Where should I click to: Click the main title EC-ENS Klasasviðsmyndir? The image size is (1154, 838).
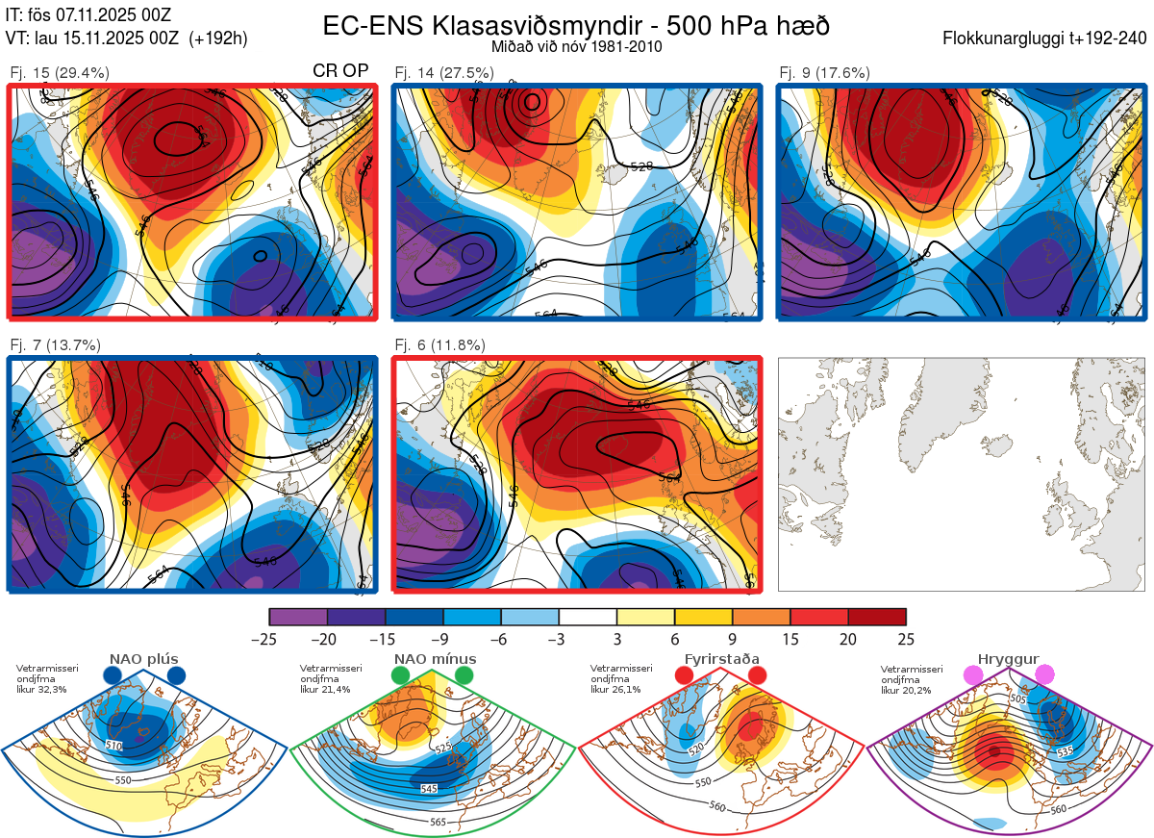[576, 25]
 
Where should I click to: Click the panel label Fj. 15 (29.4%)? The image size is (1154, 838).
[60, 72]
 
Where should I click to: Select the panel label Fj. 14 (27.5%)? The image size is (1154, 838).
[444, 72]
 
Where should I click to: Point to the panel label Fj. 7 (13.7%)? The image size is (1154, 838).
[55, 344]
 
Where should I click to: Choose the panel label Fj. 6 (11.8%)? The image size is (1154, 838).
[439, 344]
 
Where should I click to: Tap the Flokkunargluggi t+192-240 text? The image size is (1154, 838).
[1045, 39]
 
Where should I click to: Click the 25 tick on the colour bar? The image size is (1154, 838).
[906, 639]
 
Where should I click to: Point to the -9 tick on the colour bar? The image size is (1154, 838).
[443, 639]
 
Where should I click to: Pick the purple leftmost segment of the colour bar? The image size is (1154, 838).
[298, 617]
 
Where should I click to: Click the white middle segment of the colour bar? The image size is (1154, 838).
[588, 617]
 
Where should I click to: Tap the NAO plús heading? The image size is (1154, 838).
[143, 659]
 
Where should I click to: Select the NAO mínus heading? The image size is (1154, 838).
[435, 659]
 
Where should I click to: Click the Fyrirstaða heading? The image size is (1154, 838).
[721, 659]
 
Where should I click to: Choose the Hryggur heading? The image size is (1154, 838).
[1008, 659]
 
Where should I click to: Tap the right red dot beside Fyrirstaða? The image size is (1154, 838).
[757, 675]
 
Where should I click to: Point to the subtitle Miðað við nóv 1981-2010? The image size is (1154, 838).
[576, 46]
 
